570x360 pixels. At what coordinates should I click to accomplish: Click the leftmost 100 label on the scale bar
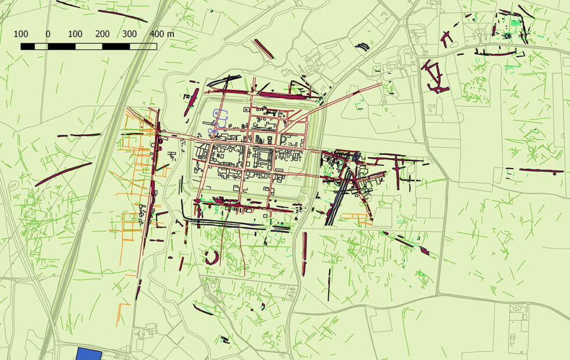click(21, 33)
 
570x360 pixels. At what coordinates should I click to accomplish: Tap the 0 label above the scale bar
click(48, 33)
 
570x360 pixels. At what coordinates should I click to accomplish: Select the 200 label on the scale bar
click(102, 33)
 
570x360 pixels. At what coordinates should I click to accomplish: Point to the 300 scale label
click(129, 33)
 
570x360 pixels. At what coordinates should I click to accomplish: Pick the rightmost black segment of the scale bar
click(116, 46)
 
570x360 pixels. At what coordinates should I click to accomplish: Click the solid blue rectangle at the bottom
click(89, 354)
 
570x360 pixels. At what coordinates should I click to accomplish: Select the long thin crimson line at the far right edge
click(541, 170)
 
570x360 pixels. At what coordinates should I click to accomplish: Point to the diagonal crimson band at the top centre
click(263, 49)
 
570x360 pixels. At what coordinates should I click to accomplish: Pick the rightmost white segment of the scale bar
click(143, 46)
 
